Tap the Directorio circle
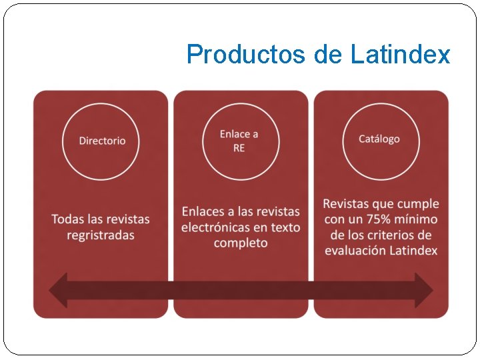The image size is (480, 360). pos(101,141)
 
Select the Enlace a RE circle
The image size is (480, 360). pos(239,141)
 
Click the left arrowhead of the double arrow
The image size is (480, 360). pos(59,290)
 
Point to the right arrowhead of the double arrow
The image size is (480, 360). pos(424,290)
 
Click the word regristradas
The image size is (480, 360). pos(101,235)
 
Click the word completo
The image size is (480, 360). pos(241,243)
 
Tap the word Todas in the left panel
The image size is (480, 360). pos(67,219)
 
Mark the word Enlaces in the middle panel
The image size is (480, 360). pos(203,211)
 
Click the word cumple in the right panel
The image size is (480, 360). pos(419,203)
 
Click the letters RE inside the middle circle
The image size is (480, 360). pos(239,148)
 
